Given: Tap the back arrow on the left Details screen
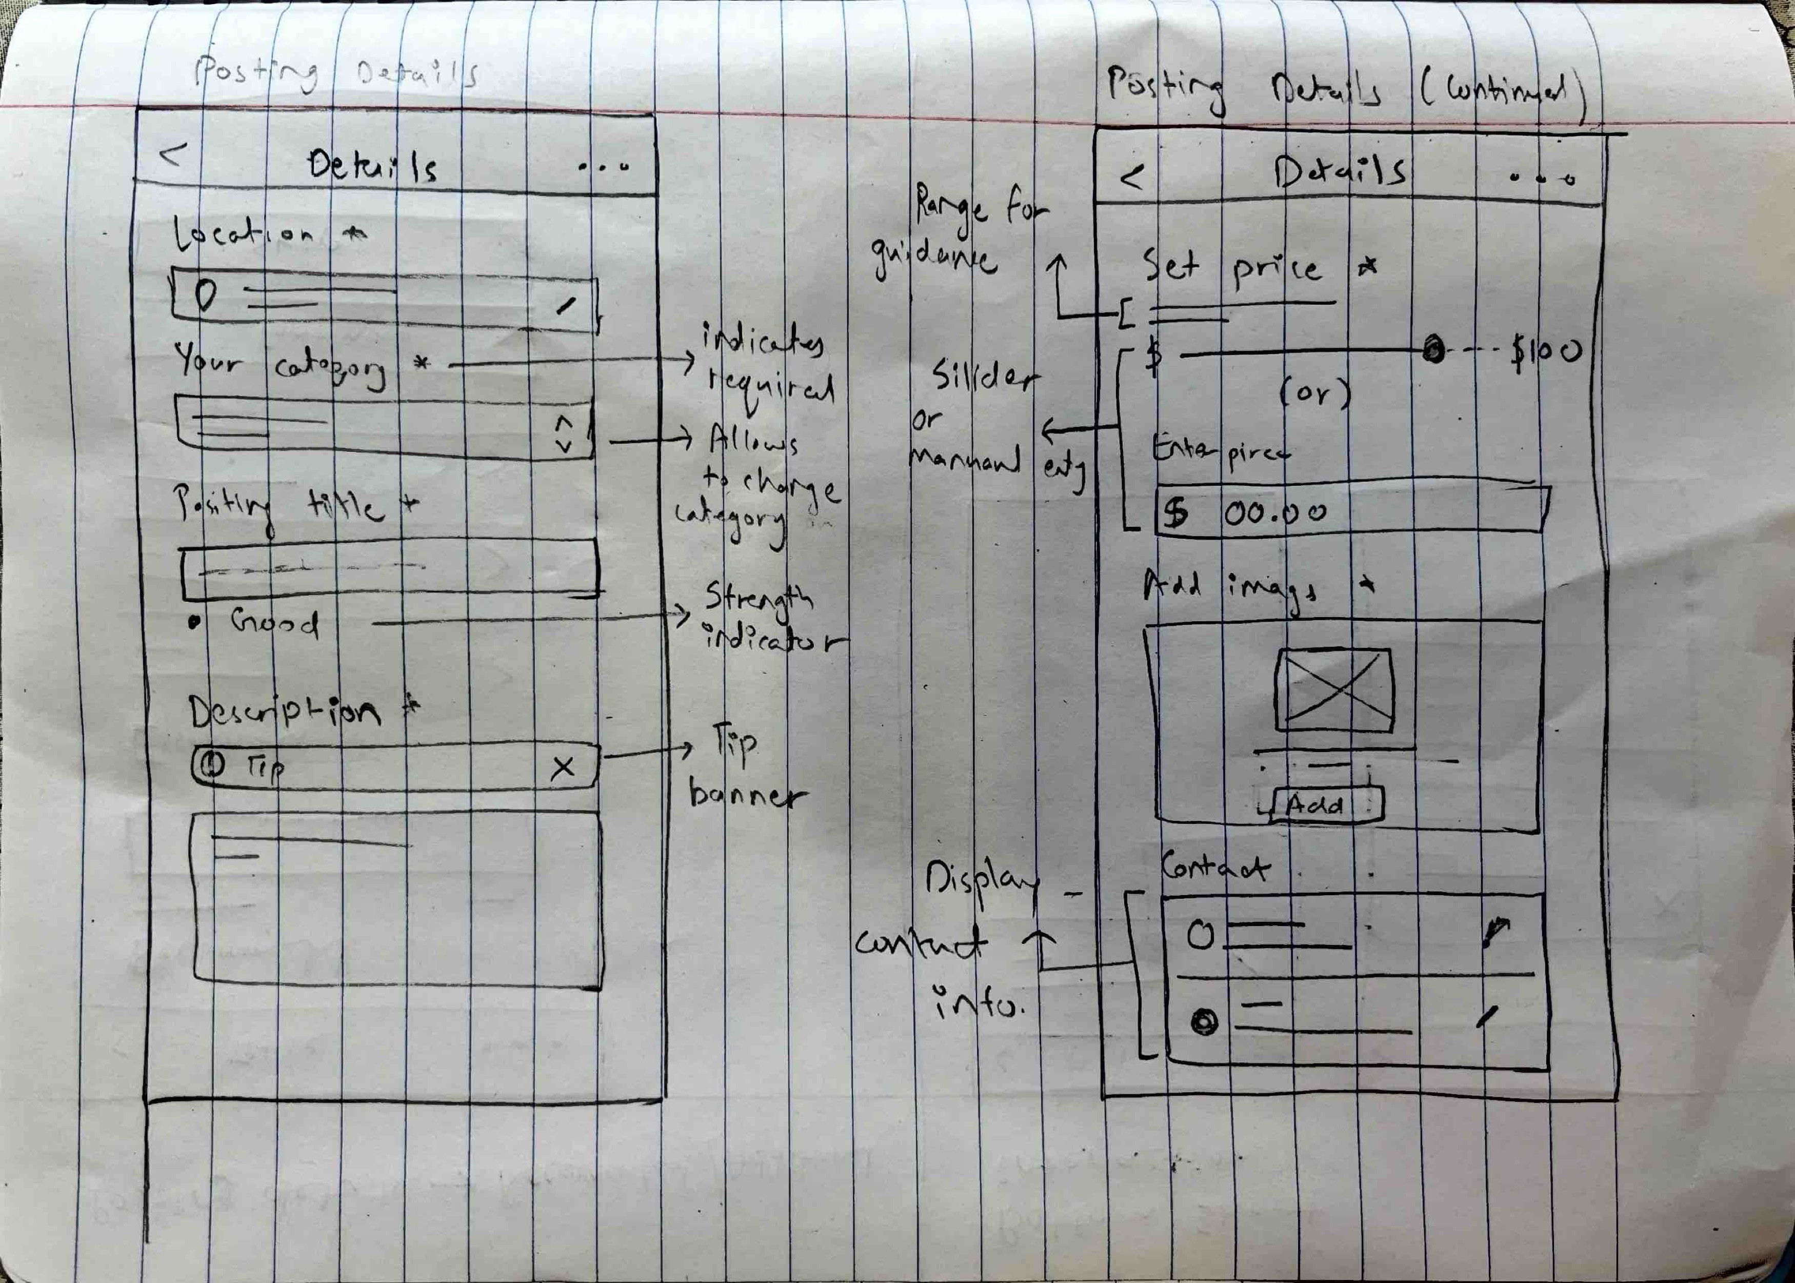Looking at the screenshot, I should (173, 153).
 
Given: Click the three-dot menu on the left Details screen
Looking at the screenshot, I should (604, 167).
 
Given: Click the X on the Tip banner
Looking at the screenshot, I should (562, 766).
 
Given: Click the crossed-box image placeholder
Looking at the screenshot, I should (1334, 689).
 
